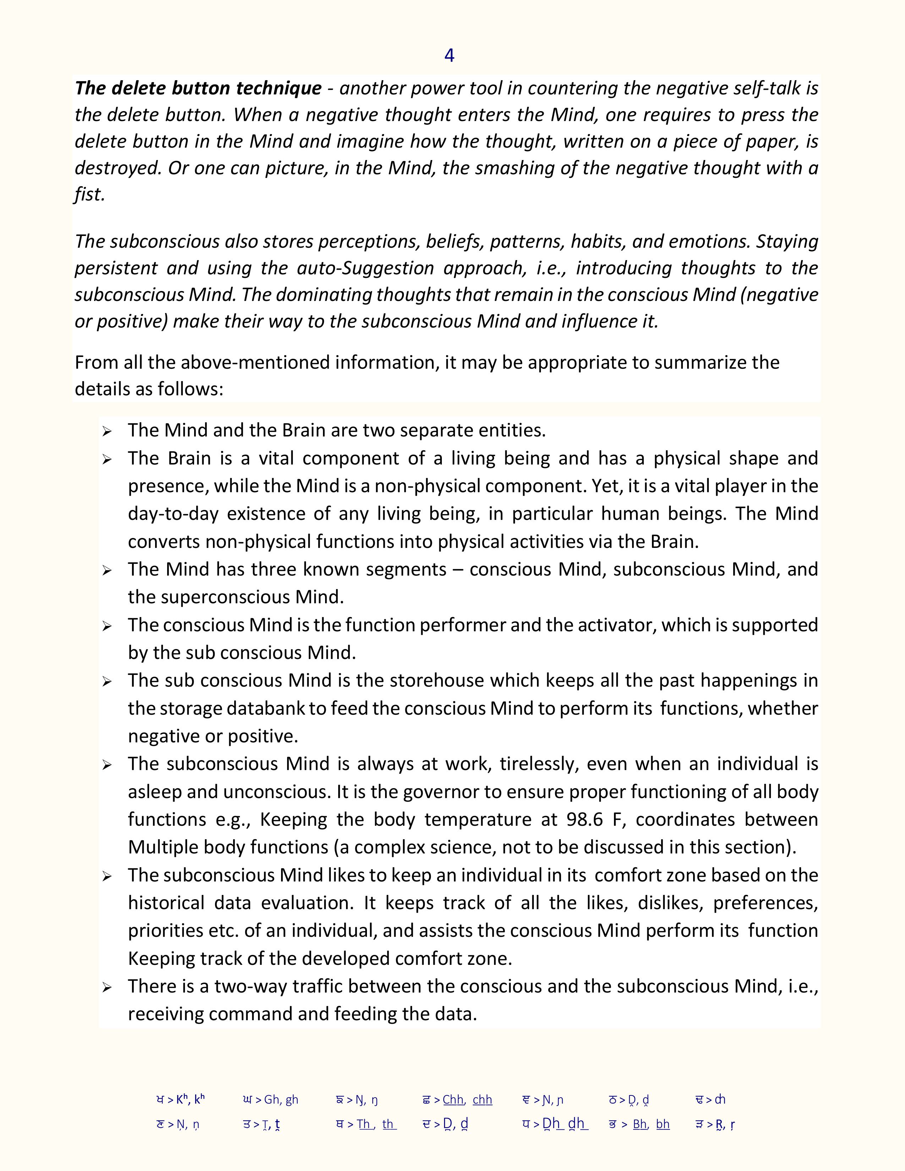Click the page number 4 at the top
tap(449, 56)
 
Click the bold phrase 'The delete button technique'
tap(198, 88)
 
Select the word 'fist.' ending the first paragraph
tap(89, 194)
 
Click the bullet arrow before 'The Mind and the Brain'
tap(107, 431)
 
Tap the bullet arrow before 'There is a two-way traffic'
tap(107, 988)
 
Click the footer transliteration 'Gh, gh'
tap(281, 1100)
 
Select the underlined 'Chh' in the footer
tap(453, 1100)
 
